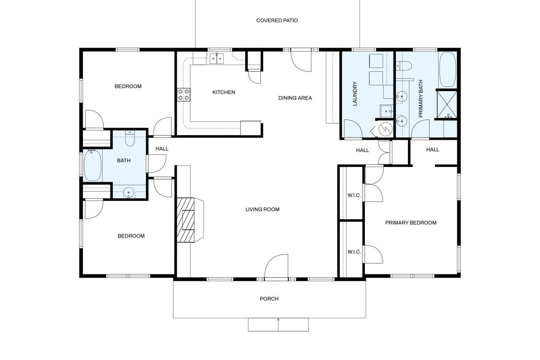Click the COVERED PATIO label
tap(277, 20)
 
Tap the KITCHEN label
tap(224, 92)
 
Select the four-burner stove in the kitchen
tap(184, 94)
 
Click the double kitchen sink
tap(217, 58)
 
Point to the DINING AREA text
tap(295, 98)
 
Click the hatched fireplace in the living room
tap(186, 220)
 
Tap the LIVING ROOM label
tap(262, 209)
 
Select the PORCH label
tap(269, 299)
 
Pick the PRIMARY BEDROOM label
tap(410, 222)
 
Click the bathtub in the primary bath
tap(448, 69)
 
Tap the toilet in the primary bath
tap(403, 65)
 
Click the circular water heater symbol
tap(385, 129)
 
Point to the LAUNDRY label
tap(355, 94)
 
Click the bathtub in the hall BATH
tap(92, 165)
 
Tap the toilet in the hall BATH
tap(130, 138)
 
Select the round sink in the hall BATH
tap(129, 193)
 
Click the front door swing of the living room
tap(277, 267)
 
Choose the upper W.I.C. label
tap(354, 195)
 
